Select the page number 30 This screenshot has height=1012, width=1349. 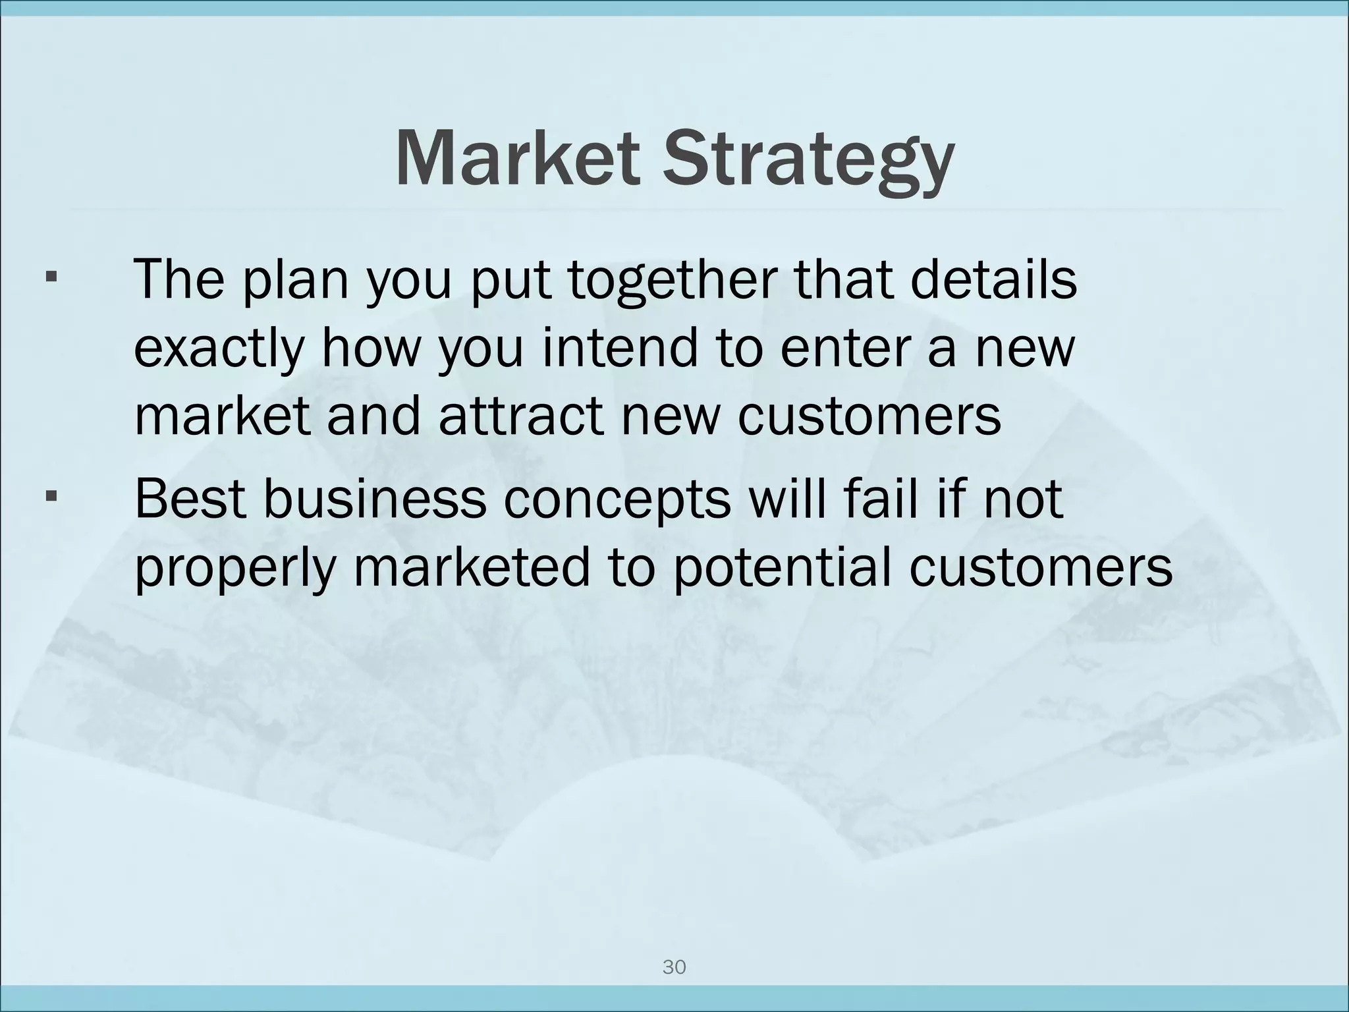(674, 967)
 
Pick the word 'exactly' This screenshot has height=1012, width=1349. (217, 350)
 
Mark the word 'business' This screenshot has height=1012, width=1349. (375, 498)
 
